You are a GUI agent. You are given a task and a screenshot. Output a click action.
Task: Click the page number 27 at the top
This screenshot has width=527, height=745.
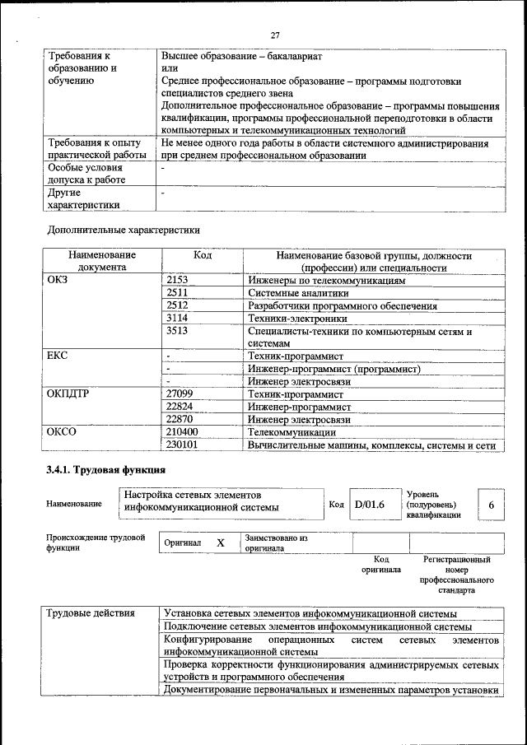(x=275, y=35)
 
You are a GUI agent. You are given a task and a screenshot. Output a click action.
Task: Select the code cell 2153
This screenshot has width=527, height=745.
(x=177, y=281)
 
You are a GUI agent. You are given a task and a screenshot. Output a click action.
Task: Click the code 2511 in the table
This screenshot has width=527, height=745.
(x=177, y=293)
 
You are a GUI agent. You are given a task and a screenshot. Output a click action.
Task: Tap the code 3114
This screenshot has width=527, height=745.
(x=177, y=318)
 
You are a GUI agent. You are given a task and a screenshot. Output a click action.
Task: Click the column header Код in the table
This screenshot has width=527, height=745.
(x=202, y=256)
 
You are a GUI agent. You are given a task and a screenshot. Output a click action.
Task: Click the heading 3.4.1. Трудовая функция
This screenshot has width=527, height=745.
(x=106, y=472)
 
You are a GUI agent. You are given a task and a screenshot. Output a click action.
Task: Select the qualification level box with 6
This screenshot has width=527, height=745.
(x=491, y=505)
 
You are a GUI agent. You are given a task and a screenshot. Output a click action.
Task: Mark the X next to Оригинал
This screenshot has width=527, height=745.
(x=220, y=543)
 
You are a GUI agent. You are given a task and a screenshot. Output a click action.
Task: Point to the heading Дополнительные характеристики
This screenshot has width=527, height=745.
(x=123, y=230)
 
